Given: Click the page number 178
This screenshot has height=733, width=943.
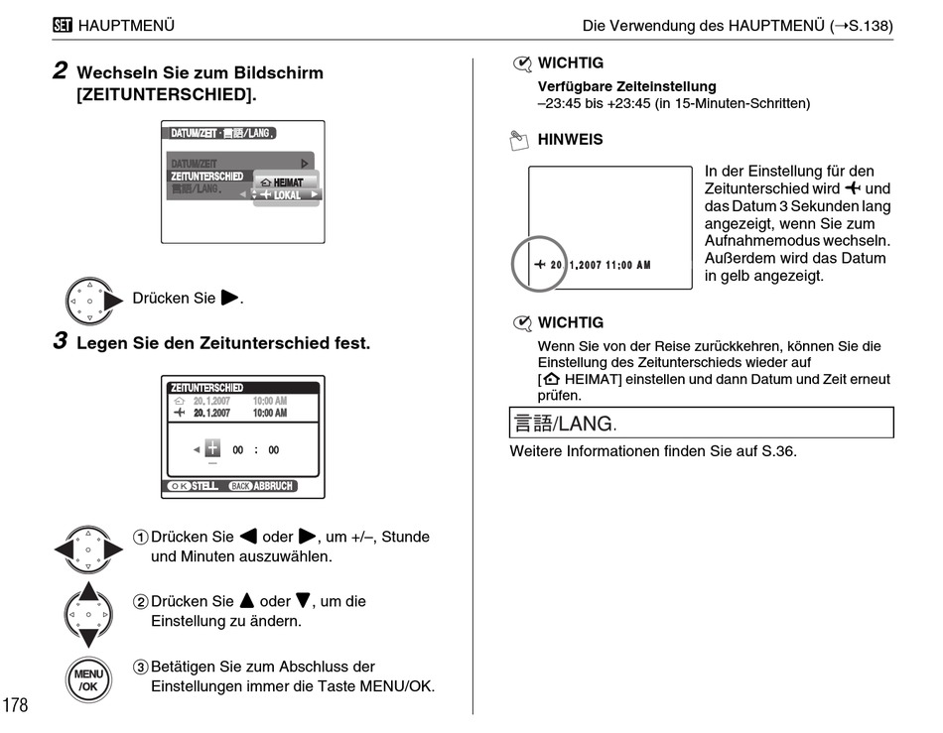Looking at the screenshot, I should pyautogui.click(x=16, y=705).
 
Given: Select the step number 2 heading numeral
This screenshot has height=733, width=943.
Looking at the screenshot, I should pyautogui.click(x=61, y=71).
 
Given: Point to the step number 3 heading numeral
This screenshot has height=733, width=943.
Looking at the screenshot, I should pyautogui.click(x=61, y=343).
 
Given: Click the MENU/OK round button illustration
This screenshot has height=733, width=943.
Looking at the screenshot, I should pyautogui.click(x=87, y=679).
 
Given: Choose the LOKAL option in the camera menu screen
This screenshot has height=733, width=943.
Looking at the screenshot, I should pyautogui.click(x=287, y=195).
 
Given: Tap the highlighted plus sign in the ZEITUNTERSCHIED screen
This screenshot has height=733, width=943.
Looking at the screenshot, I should pyautogui.click(x=211, y=449).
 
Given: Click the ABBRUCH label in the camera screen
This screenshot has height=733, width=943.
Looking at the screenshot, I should pyautogui.click(x=274, y=486).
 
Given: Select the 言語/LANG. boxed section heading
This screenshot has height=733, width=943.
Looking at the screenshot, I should pyautogui.click(x=565, y=424).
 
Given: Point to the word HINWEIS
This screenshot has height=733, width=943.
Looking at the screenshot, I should pyautogui.click(x=570, y=140).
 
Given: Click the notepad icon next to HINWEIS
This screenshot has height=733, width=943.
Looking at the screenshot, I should pyautogui.click(x=518, y=141).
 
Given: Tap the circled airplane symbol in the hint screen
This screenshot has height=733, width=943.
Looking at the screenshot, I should pyautogui.click(x=539, y=265).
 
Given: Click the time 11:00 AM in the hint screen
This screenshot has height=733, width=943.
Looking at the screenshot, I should pyautogui.click(x=625, y=266).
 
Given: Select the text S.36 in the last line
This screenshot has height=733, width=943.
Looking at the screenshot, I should pyautogui.click(x=775, y=451).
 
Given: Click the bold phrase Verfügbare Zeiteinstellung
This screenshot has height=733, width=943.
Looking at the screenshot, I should pyautogui.click(x=626, y=87).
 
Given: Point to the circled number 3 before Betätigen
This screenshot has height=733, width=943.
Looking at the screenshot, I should pyautogui.click(x=140, y=668).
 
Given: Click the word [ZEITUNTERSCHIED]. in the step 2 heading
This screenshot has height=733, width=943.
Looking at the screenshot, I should pyautogui.click(x=166, y=95).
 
